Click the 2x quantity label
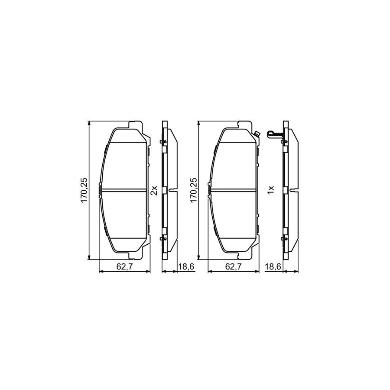point(154,190)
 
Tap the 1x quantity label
point(270,190)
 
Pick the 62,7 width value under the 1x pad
point(233,266)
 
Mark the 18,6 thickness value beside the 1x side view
point(273,266)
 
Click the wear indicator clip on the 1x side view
point(275,134)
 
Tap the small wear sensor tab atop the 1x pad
point(257,134)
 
